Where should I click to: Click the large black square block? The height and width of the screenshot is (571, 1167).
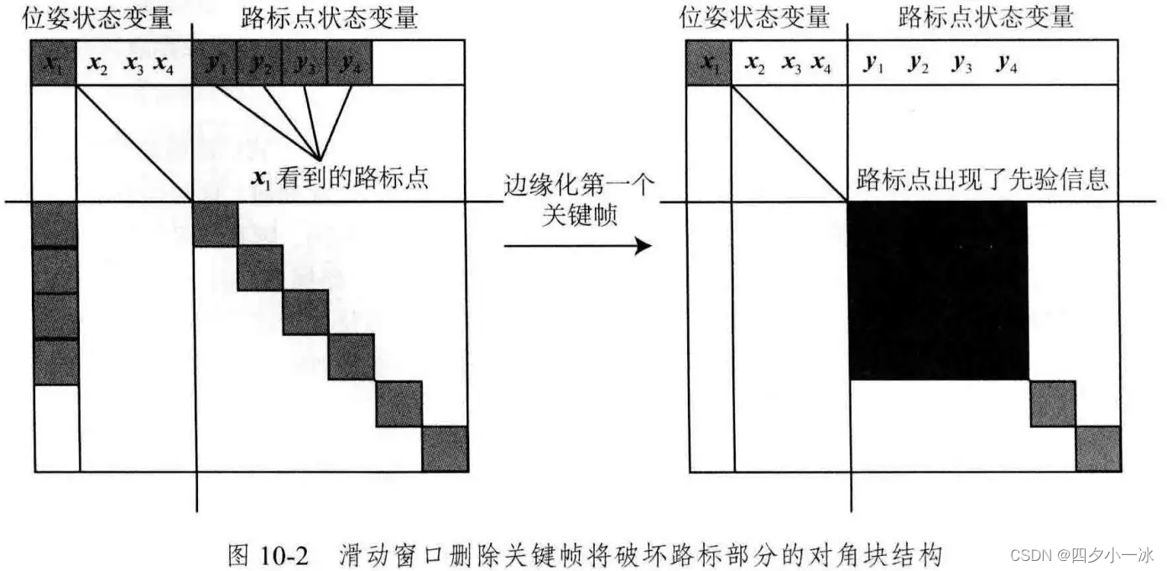tap(938, 291)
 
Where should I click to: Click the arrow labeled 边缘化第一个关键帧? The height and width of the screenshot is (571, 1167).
tap(578, 246)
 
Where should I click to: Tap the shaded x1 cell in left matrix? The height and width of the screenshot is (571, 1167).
tap(55, 63)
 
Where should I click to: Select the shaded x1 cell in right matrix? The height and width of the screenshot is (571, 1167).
tap(709, 63)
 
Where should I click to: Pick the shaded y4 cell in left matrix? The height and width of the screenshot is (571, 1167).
tap(349, 63)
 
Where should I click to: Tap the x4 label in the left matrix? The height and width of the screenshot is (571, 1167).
tap(164, 64)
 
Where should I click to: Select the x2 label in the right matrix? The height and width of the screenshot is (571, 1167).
tap(756, 64)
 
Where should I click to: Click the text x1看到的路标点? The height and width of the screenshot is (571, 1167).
tap(341, 178)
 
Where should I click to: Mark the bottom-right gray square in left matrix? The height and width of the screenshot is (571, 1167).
tap(445, 449)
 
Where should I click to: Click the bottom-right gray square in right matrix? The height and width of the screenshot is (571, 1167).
tap(1098, 449)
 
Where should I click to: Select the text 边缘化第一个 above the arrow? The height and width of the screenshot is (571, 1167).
tap(578, 184)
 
